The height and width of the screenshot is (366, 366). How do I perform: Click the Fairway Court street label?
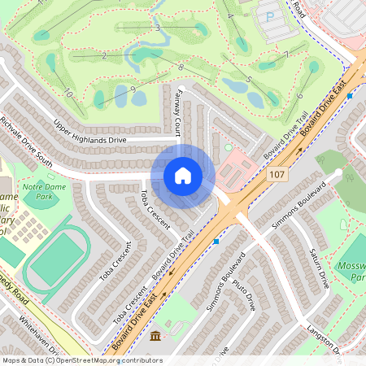pyautogui.click(x=177, y=115)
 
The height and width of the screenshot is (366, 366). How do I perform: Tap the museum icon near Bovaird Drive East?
pyautogui.click(x=155, y=336)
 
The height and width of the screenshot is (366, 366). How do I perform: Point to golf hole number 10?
pyautogui.click(x=69, y=94)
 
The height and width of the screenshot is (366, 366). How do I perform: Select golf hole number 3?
pyautogui.click(x=157, y=28)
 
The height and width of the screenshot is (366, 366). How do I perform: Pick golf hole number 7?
pyautogui.click(x=286, y=54)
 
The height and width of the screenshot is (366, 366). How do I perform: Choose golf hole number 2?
pyautogui.click(x=105, y=55)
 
